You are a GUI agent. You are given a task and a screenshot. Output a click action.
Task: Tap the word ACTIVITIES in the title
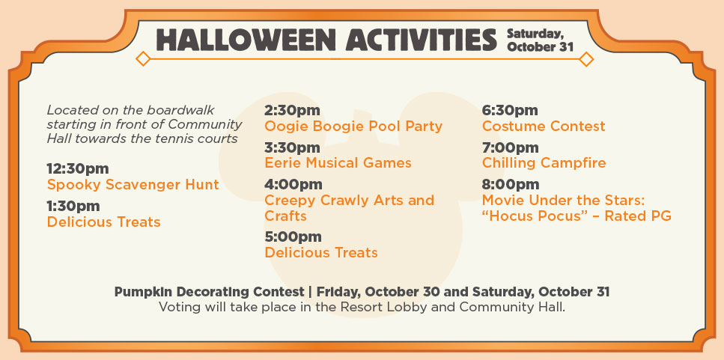point(421,40)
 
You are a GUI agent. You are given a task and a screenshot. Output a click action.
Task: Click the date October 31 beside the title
point(540,47)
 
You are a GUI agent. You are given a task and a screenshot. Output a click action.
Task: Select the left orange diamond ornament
point(143,59)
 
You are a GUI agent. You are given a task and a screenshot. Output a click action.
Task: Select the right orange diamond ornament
point(586,59)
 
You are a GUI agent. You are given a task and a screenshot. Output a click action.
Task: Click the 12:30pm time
point(78,169)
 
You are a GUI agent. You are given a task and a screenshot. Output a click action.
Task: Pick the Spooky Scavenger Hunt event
point(133,185)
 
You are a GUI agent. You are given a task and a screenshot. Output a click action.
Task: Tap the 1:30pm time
point(73,207)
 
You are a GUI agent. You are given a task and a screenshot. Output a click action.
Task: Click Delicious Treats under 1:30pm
point(104,222)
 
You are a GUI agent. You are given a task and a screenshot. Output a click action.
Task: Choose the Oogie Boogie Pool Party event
point(353,126)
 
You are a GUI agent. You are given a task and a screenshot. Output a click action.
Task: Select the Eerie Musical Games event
point(338,163)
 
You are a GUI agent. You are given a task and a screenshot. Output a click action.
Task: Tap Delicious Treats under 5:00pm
point(321,253)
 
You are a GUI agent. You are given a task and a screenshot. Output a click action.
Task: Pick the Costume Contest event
point(544,126)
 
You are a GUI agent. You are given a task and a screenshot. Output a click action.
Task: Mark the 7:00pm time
point(510,148)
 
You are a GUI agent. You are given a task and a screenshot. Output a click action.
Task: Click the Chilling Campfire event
point(544,163)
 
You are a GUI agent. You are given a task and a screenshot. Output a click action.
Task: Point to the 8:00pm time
point(511,185)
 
